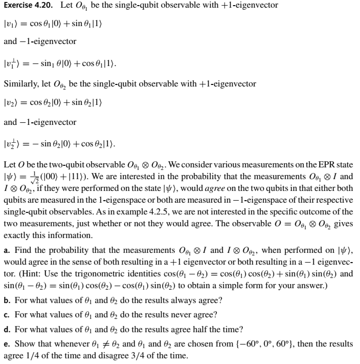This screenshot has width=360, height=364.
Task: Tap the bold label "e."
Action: [7, 342]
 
